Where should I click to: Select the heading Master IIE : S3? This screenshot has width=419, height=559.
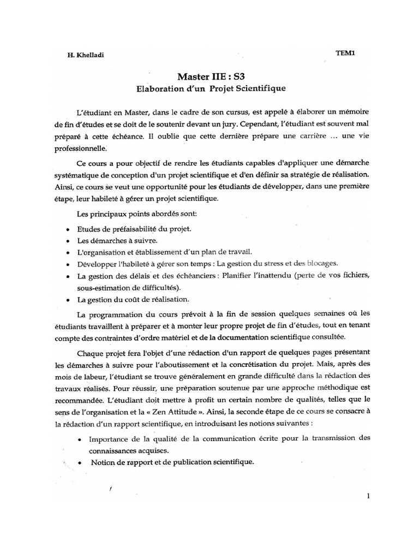209,76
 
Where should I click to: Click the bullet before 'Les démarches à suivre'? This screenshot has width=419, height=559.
67,241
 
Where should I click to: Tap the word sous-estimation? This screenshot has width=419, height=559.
101,287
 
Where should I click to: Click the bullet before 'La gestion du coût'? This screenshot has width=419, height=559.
67,300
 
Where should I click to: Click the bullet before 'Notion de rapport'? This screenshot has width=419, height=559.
80,462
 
